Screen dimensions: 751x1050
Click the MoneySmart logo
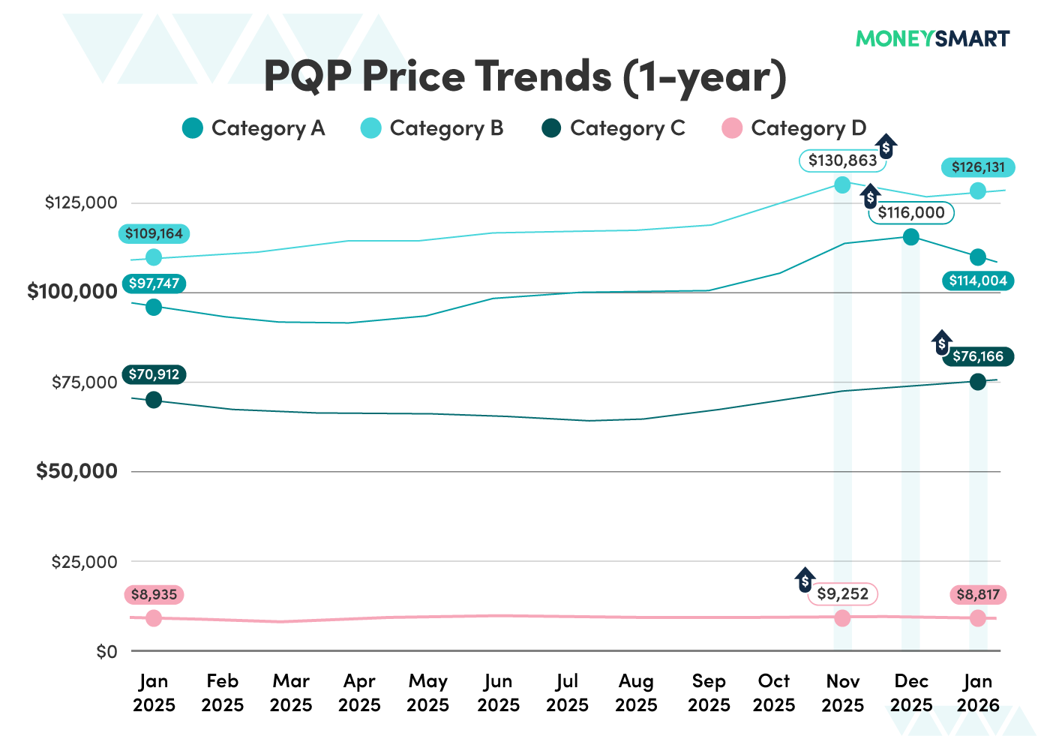click(x=932, y=38)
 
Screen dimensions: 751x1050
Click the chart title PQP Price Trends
click(x=525, y=77)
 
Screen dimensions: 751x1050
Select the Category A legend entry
click(x=254, y=128)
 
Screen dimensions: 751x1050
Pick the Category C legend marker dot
click(x=551, y=128)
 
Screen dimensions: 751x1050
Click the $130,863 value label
click(x=842, y=161)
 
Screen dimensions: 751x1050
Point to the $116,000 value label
click(x=911, y=212)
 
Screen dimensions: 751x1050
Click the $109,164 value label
click(x=154, y=234)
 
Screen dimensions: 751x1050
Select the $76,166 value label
click(x=978, y=356)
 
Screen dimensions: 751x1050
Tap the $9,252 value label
click(x=842, y=594)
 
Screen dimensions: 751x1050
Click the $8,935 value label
click(x=154, y=595)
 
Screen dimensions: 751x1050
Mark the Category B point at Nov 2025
click(x=842, y=185)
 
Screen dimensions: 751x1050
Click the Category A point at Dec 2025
click(x=910, y=237)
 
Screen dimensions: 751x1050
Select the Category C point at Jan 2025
click(x=154, y=400)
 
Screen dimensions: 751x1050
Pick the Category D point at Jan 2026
click(x=978, y=618)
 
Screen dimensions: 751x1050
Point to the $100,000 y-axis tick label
click(x=72, y=292)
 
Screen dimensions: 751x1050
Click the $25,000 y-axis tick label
click(x=84, y=562)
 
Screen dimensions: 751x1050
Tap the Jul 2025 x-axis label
click(x=567, y=693)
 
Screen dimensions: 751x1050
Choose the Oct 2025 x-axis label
click(x=773, y=693)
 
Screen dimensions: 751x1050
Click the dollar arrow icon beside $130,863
click(x=886, y=148)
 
